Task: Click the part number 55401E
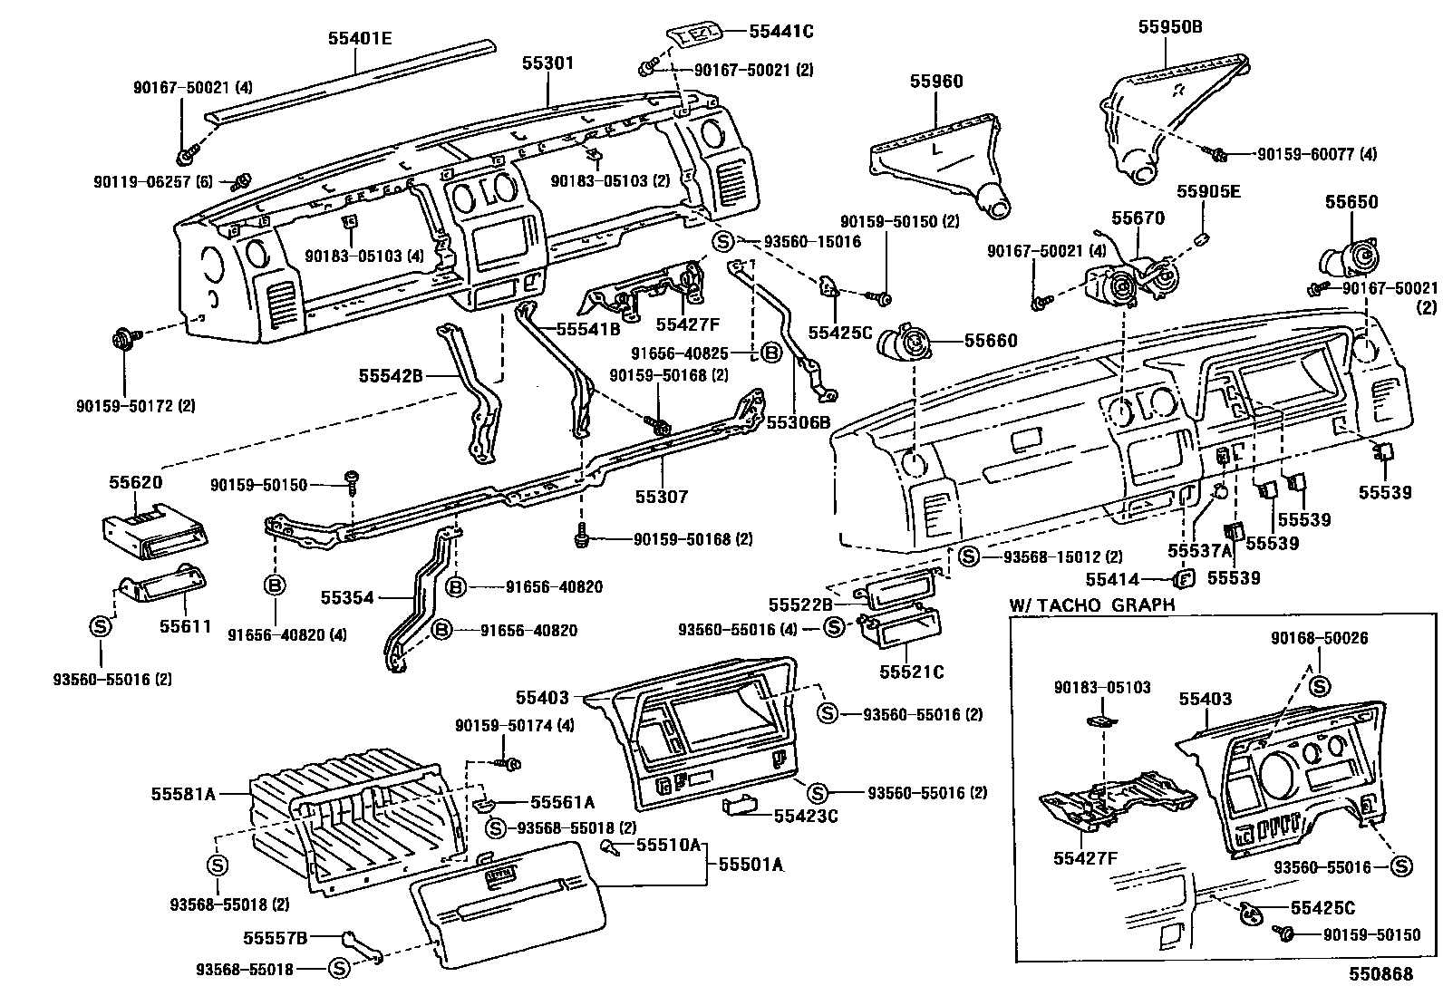click(360, 38)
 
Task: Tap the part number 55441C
click(781, 32)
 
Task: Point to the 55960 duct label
click(936, 82)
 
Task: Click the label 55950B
click(1170, 27)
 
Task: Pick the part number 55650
click(1351, 202)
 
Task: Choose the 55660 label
click(991, 341)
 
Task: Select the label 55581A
click(183, 794)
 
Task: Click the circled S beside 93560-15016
click(722, 242)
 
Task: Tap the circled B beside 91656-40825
click(770, 352)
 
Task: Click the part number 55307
click(661, 497)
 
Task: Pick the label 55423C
click(806, 816)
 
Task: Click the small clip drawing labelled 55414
click(1182, 578)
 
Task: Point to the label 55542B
click(391, 372)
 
